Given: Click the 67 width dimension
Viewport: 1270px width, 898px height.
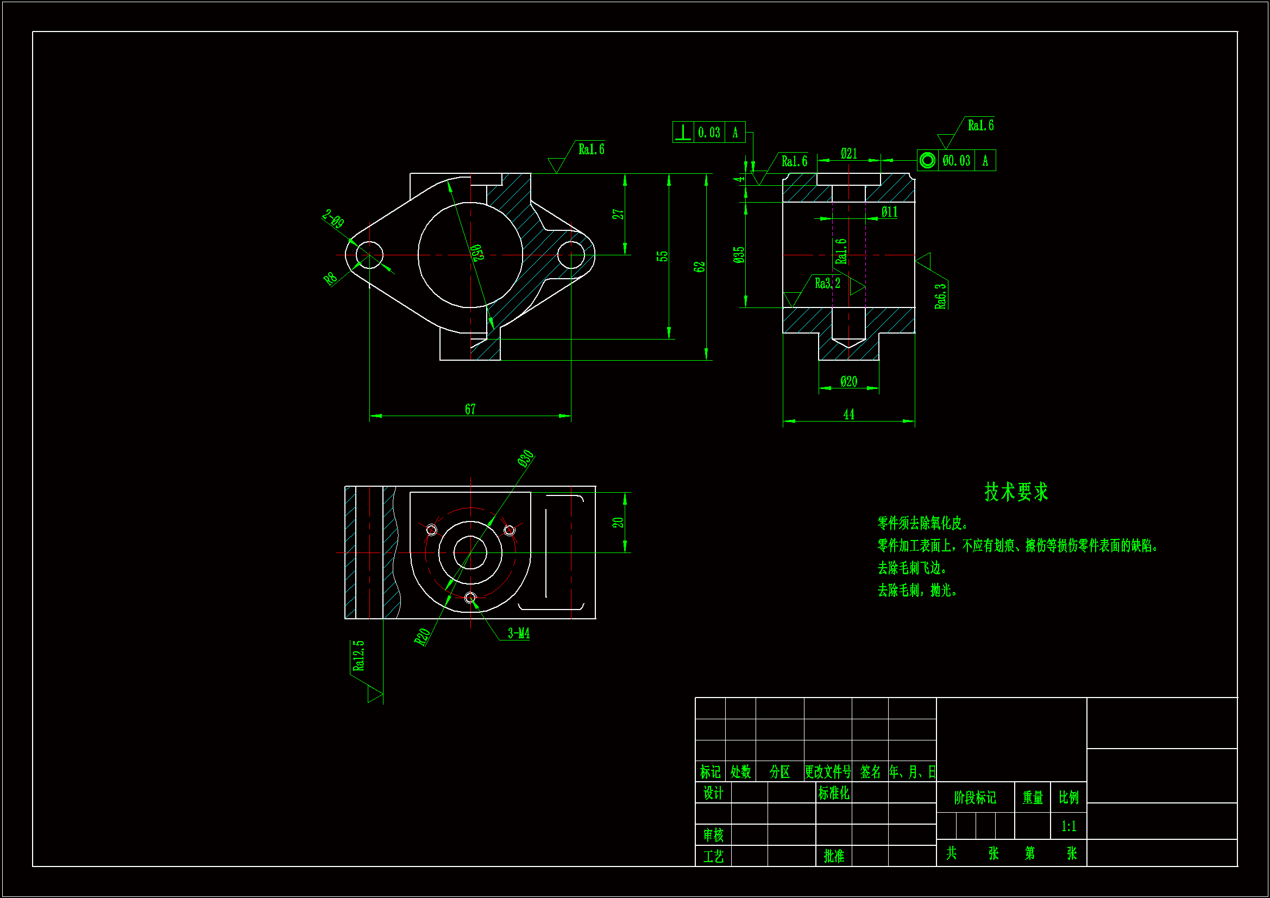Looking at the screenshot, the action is coord(470,409).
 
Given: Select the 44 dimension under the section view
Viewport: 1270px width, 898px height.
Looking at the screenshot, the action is coord(848,415).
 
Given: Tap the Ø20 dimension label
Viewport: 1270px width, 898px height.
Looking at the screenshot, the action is coord(848,381).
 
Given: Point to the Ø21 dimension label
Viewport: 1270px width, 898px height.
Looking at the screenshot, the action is coord(848,153).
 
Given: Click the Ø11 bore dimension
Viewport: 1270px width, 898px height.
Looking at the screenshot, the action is coord(889,212).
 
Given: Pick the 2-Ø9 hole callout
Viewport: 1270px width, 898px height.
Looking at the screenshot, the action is coord(333,219).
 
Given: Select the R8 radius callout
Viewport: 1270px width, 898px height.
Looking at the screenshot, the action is coord(330,278).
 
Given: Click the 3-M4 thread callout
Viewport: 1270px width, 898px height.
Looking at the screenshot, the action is coord(518,633).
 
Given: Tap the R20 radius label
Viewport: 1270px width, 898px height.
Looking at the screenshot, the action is coord(422,637).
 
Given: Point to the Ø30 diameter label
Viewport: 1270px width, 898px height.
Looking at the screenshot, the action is coord(525,459).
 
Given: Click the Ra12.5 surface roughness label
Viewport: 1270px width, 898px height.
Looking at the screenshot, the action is coord(359,656).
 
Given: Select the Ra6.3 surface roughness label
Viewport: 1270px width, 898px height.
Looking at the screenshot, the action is coord(940,296).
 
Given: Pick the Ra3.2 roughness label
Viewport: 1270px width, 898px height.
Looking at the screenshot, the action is coord(827,283).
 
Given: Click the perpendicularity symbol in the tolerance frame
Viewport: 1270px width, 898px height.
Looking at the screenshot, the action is coord(683,132).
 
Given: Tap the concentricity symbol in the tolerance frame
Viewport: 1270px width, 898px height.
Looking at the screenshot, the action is coord(928,160).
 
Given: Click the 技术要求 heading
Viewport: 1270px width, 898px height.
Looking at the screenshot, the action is coord(1016,491).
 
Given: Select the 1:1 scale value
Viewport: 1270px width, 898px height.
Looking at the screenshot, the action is coord(1068,826).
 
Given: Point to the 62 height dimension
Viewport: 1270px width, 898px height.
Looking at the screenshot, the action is coord(699,267).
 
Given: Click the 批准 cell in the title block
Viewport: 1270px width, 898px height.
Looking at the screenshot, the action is coord(834,856).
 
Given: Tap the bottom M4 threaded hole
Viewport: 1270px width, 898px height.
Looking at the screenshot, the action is coord(470,598).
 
